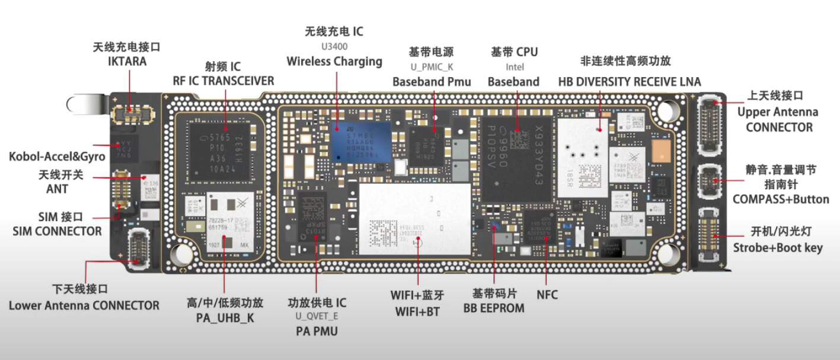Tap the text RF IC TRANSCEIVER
pos(223,81)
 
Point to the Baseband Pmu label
pos(432,81)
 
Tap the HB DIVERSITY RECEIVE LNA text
pos(629,81)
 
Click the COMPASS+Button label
pos(780,199)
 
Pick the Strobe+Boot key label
pos(778,247)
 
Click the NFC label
pos(547,294)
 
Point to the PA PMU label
pos(317,331)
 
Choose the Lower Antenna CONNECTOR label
pos(84,305)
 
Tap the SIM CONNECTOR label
pos(57,231)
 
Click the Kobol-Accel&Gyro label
pos(57,157)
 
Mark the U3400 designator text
pos(334,46)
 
